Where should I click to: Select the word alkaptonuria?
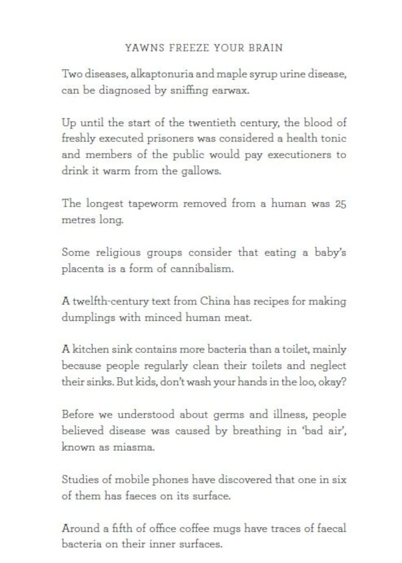tap(165, 76)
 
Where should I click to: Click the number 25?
tap(339, 204)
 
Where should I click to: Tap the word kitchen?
tap(93, 350)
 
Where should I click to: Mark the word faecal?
tap(329, 528)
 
